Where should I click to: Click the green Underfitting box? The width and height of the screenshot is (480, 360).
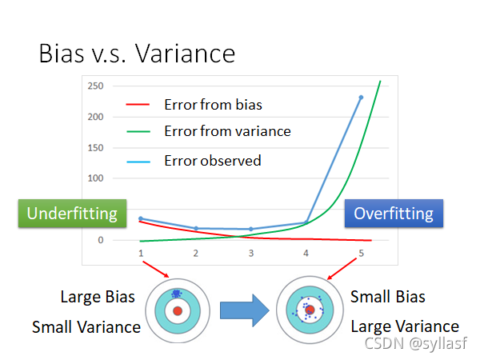click(72, 214)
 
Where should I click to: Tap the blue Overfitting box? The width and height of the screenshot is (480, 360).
click(394, 214)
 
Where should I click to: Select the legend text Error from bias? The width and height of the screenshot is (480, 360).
click(213, 105)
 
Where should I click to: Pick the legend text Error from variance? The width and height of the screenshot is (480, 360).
click(227, 131)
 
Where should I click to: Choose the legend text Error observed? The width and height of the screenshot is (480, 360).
click(213, 161)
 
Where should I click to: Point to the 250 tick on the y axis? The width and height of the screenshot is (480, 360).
click(95, 86)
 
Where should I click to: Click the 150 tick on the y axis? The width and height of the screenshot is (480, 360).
click(95, 148)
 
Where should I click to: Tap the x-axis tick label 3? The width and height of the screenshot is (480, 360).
click(251, 253)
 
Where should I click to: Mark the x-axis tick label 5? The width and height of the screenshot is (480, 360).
click(362, 253)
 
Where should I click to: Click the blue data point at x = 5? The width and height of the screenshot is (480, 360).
click(361, 98)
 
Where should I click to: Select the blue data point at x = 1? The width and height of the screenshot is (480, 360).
click(141, 218)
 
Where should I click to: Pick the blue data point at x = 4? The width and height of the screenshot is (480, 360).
click(306, 222)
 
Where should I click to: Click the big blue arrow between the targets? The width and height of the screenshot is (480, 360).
click(245, 310)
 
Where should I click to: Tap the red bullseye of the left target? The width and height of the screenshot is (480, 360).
click(178, 311)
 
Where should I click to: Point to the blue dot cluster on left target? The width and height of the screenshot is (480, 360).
click(176, 294)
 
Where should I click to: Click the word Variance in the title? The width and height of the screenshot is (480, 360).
click(186, 54)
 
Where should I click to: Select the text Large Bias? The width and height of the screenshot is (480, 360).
click(98, 297)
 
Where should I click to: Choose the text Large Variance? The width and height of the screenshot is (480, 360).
click(405, 326)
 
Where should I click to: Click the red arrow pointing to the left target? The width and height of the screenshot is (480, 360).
click(156, 270)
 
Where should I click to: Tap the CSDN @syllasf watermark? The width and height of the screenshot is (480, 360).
click(416, 343)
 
